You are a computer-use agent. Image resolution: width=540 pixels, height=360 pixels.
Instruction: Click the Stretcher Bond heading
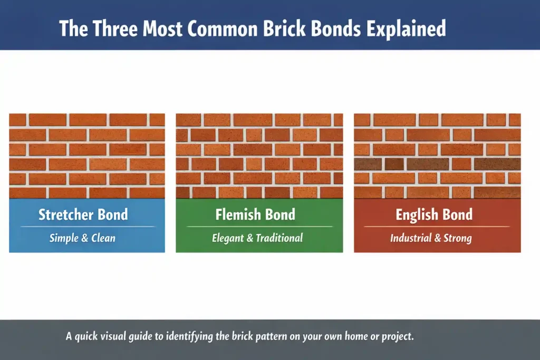83,215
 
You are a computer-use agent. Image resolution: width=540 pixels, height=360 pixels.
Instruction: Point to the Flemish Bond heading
255,215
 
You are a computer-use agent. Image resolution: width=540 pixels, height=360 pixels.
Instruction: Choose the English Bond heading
434,215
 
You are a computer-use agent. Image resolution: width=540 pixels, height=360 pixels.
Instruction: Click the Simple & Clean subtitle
82,238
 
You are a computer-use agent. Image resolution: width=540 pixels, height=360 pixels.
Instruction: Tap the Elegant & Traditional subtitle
257,238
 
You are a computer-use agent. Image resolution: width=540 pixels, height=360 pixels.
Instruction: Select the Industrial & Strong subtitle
431,238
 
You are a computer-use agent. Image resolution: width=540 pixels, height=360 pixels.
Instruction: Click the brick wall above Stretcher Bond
86,155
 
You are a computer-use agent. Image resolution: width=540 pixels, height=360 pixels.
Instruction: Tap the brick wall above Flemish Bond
259,155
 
